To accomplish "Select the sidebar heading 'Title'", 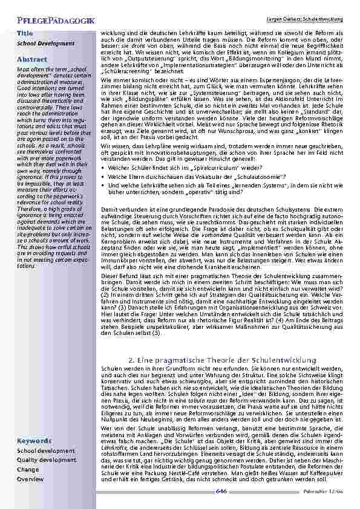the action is [25, 32].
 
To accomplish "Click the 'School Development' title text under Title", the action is [41, 44].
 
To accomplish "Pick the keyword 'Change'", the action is [28, 469].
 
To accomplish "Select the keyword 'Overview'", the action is [30, 478].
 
